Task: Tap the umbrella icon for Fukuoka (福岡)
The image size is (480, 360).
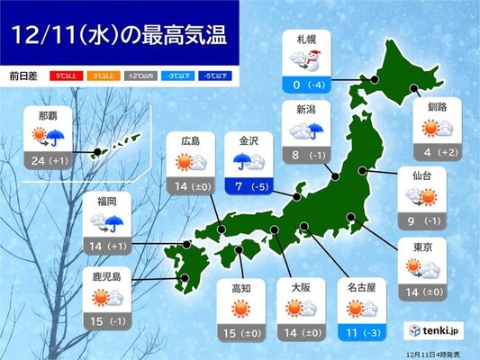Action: [x=115, y=222]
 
